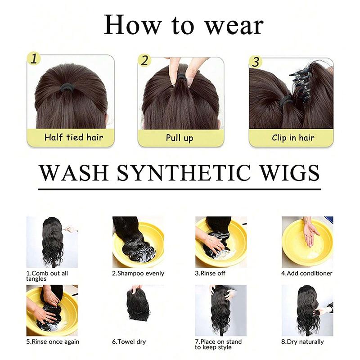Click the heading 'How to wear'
coord(183,25)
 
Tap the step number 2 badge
coord(144,60)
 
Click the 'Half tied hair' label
coord(73,138)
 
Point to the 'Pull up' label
coord(180,138)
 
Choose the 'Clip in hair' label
coord(293,138)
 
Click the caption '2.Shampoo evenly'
coord(138,273)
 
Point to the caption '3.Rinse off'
coord(210,273)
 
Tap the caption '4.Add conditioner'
coord(307,273)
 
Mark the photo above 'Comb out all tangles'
coord(52,242)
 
